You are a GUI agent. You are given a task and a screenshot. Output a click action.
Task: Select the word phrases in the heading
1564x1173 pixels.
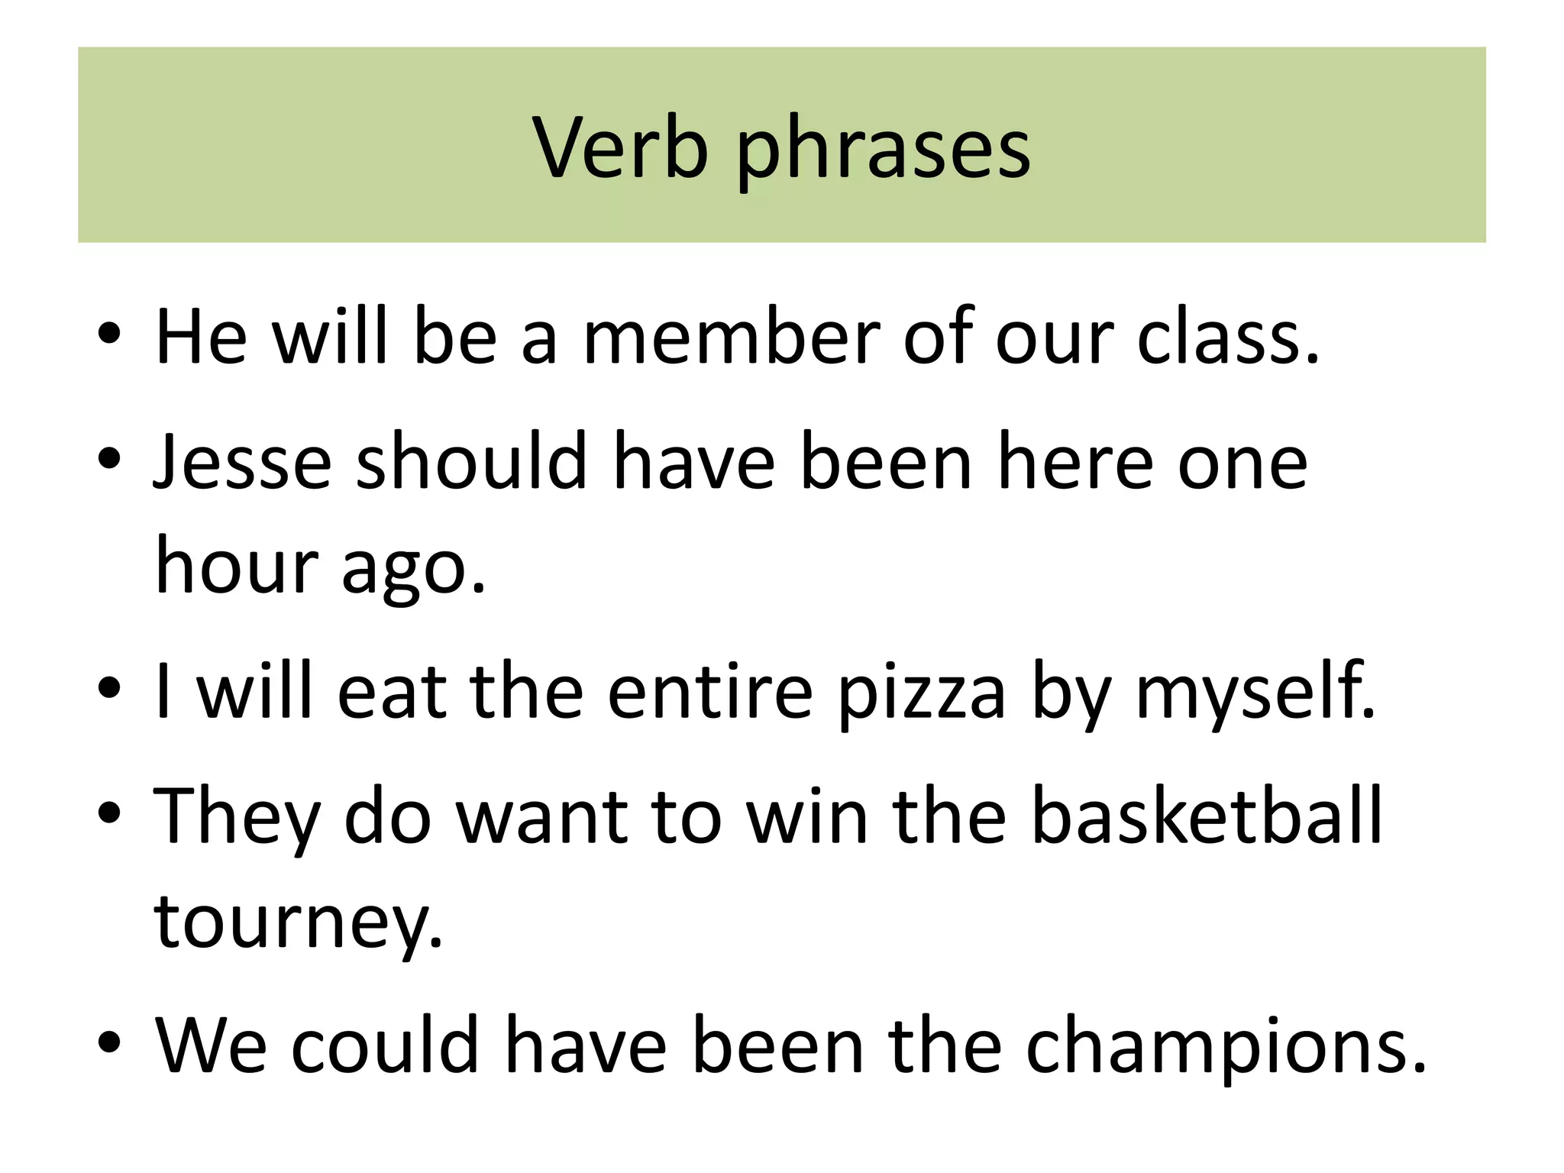click(x=883, y=151)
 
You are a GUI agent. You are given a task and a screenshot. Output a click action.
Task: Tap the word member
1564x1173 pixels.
click(x=732, y=336)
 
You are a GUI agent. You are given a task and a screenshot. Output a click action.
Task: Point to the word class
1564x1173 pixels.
click(x=1227, y=336)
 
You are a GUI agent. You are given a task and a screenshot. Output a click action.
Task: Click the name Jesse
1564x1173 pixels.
click(x=242, y=461)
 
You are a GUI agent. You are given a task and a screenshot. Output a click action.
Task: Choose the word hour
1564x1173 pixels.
click(x=237, y=566)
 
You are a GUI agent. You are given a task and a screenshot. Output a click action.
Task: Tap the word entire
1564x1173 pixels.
click(x=710, y=690)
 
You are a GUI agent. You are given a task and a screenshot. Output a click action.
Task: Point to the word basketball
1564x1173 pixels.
click(x=1207, y=816)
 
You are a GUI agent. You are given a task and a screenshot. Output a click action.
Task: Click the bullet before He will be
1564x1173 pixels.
click(x=109, y=334)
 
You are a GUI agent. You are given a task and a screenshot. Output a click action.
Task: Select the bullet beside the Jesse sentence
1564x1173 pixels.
click(x=109, y=458)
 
